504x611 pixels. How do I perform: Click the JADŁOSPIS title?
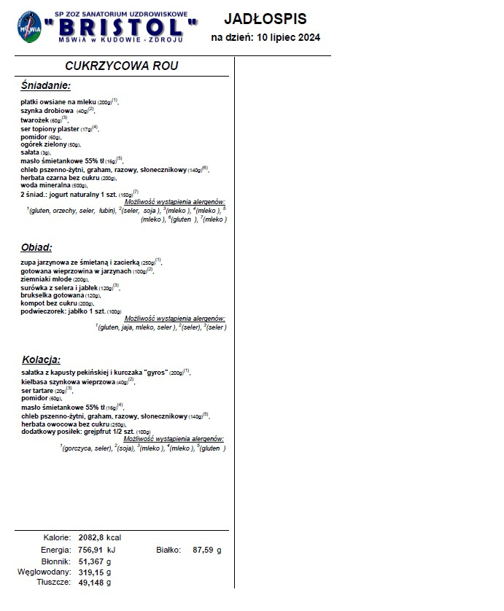pyautogui.click(x=265, y=19)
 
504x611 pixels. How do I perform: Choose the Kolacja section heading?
pyautogui.click(x=41, y=359)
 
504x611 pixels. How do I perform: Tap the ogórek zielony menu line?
pyautogui.click(x=50, y=144)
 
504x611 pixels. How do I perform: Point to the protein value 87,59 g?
pyautogui.click(x=207, y=550)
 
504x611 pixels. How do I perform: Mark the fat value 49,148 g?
pyautogui.click(x=95, y=583)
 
